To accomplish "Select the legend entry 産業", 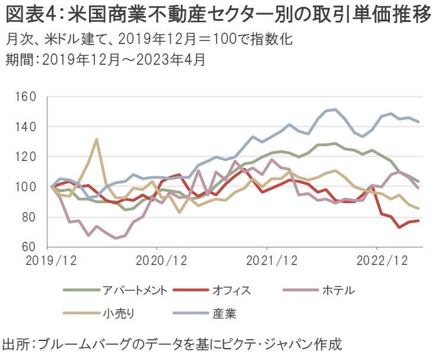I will [x=221, y=312].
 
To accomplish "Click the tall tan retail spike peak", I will [x=96, y=140].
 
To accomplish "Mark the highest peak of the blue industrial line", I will [x=335, y=109].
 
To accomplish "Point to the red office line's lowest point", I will [x=399, y=227].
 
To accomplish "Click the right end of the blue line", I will [x=419, y=122].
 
